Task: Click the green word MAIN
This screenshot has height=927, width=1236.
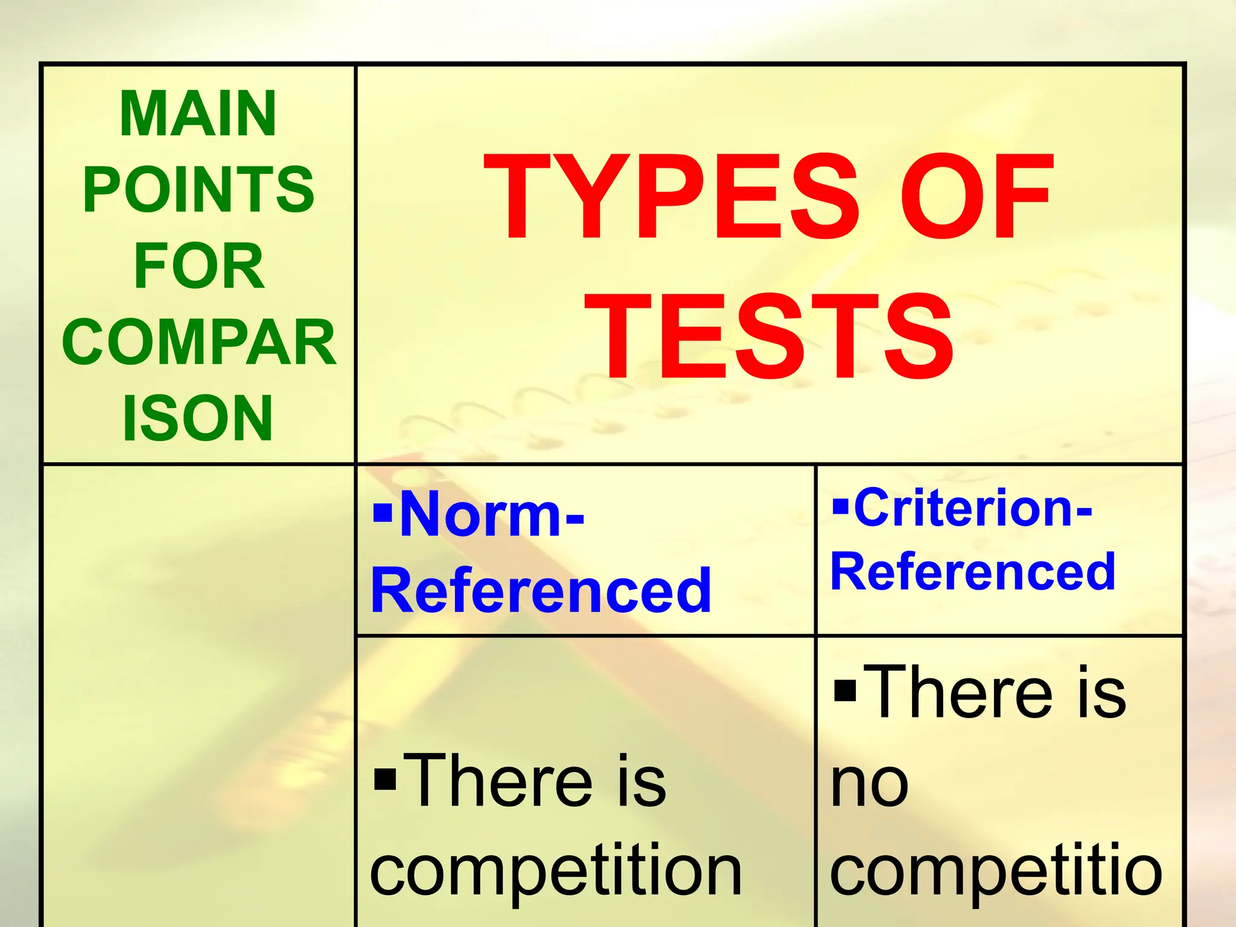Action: point(198,113)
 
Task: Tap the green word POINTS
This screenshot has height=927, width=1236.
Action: point(198,190)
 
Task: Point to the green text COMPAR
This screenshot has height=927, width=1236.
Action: point(199,342)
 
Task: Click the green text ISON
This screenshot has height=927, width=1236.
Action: point(198,418)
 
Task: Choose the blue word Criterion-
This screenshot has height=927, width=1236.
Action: point(973,508)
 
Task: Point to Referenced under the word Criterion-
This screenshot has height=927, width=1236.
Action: point(973,571)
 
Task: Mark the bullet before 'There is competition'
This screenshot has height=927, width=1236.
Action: point(385,780)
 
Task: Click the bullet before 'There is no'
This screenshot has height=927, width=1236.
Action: point(844,692)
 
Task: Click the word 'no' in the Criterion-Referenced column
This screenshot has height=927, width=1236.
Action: point(869,783)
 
